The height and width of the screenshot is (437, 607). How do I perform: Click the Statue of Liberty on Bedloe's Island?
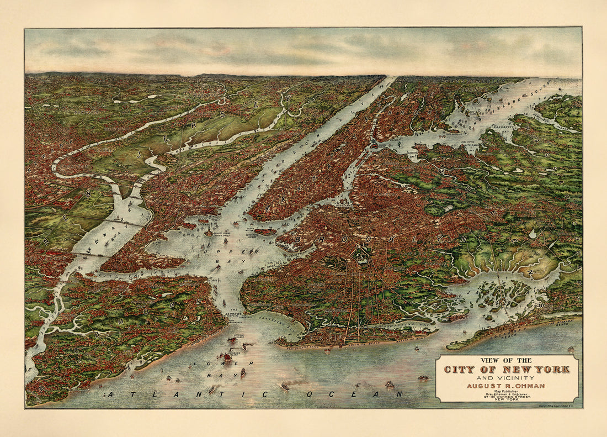click(209, 233)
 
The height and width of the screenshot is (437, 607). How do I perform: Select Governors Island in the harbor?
click(265, 231)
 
